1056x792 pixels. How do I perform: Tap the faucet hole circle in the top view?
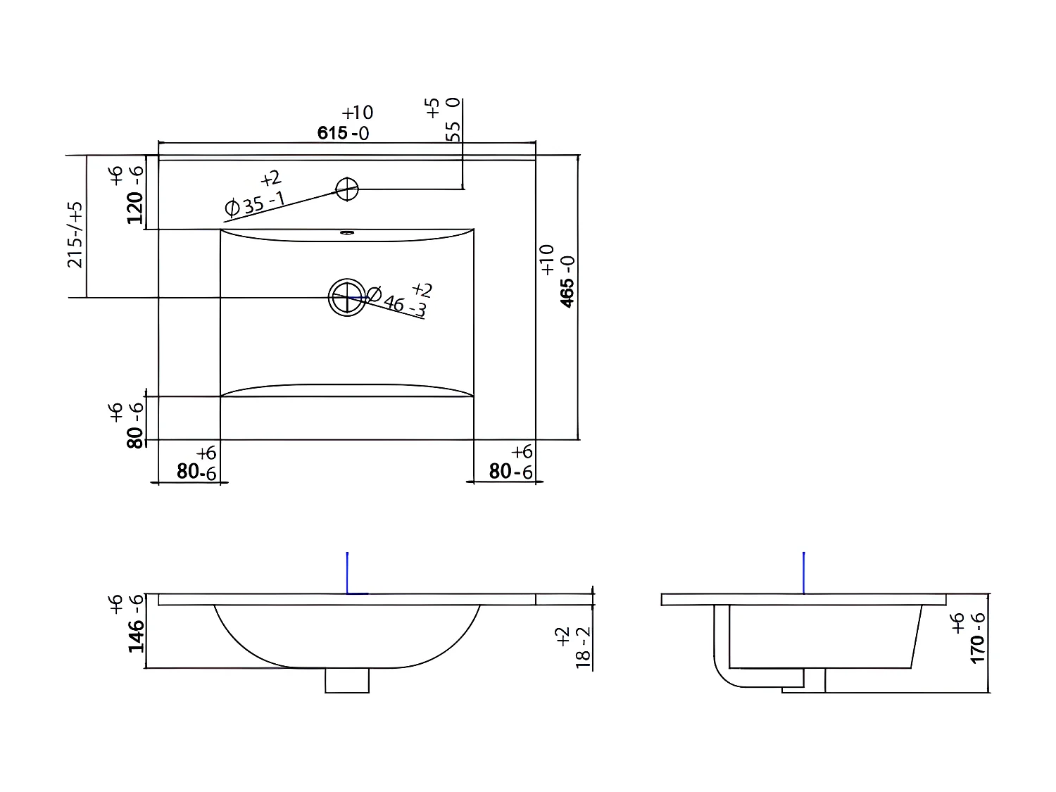pyautogui.click(x=347, y=189)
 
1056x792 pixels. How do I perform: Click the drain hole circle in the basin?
pyautogui.click(x=347, y=297)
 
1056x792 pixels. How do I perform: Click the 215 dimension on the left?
pyautogui.click(x=75, y=234)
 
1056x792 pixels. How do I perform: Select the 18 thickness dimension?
pyautogui.click(x=582, y=647)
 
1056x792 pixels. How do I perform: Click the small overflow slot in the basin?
pyautogui.click(x=347, y=232)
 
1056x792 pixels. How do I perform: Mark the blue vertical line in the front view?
pyautogui.click(x=347, y=572)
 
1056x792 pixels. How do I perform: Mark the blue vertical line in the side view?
pyautogui.click(x=804, y=572)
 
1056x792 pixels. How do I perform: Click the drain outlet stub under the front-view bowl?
pyautogui.click(x=347, y=681)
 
